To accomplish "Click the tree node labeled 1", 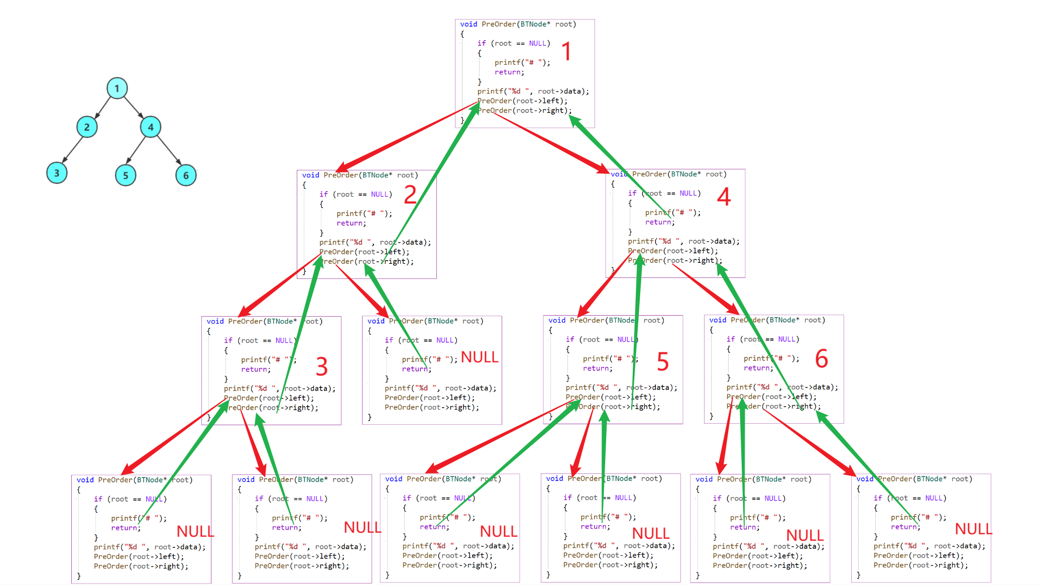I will (117, 88).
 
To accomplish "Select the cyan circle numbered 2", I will (87, 127).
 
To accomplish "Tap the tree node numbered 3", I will (57, 173).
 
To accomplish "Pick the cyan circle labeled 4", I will (150, 127).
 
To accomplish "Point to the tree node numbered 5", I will (126, 175).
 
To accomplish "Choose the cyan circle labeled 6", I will (186, 175).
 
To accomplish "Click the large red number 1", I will (566, 51).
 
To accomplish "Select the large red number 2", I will (410, 194).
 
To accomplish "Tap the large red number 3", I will (322, 366).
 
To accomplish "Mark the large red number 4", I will (724, 197).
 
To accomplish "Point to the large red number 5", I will (663, 362).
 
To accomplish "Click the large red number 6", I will (822, 359).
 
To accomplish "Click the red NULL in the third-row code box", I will (480, 357).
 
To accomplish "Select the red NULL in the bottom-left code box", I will (195, 531).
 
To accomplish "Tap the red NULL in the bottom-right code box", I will (973, 529).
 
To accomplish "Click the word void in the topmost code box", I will (469, 24).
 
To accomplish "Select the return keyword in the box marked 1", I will (509, 72).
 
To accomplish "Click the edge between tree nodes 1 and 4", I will (134, 107).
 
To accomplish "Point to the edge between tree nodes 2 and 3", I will (73, 149).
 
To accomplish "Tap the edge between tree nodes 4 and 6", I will (169, 150).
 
